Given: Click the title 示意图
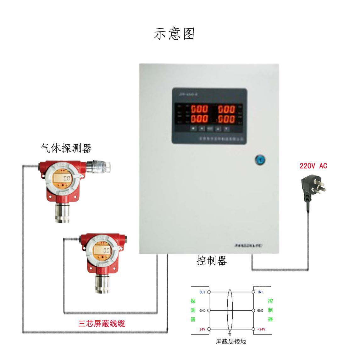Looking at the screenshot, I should pos(174,34).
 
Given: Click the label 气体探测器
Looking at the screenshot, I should pos(66,148).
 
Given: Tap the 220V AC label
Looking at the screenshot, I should pos(313,166).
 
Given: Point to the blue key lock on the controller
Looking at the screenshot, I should pos(260,160).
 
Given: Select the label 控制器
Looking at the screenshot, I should pos(211,261).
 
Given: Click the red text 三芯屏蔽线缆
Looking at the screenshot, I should pos(102,324).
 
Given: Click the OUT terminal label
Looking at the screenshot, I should pos(202,292).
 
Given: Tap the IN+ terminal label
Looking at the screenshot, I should pos(260,292).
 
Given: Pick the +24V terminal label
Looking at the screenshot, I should pos(261,329).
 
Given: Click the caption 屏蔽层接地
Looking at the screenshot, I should pos(231,341).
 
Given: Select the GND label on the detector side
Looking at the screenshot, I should pos(202,311).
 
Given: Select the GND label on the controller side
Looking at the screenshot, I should pos(260,311).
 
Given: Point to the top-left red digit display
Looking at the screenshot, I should pos(199,109).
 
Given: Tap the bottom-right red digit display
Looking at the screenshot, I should pos(226,119).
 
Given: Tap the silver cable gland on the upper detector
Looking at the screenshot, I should pos(99,166).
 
